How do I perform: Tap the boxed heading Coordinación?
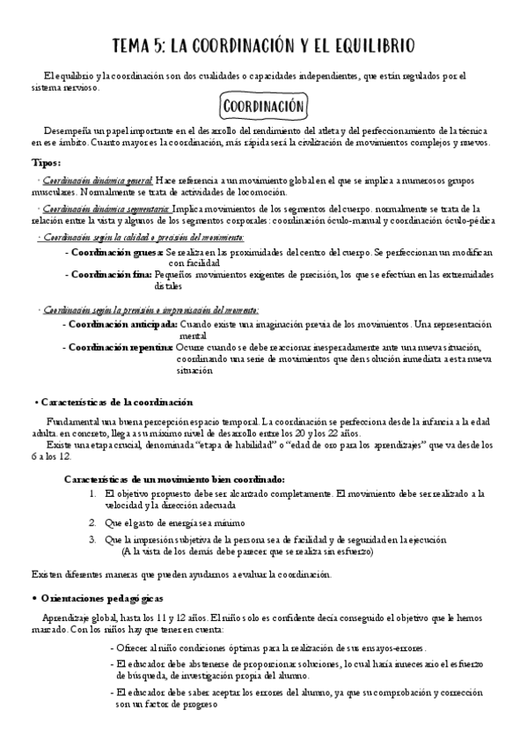coord(264,107)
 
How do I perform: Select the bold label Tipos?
coord(47,163)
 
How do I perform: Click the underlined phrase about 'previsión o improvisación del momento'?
coord(150,310)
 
